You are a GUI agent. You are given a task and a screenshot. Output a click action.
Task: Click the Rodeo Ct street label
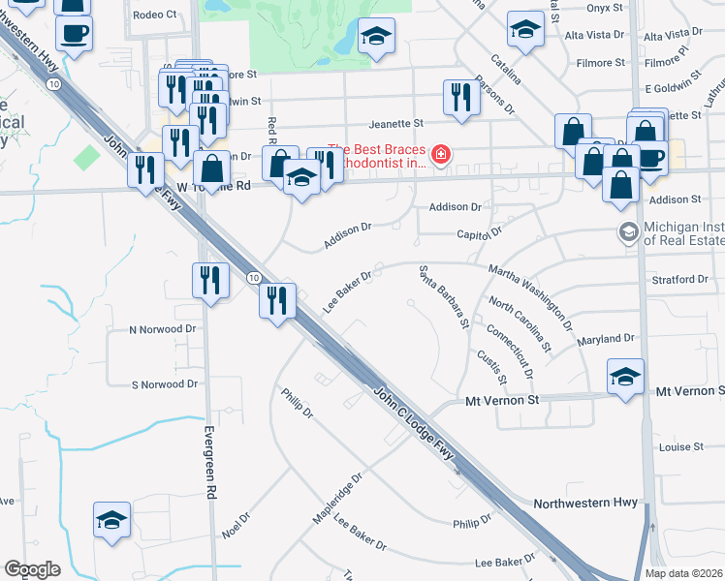pos(155,15)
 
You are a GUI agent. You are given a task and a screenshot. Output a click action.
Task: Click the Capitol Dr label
pos(480,233)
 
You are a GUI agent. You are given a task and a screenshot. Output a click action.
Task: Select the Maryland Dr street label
pos(605,339)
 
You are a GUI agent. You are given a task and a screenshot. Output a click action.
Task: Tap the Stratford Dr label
pos(680,280)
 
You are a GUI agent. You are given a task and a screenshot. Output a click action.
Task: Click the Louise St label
pos(680,447)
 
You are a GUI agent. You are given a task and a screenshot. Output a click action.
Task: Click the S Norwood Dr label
pos(165,384)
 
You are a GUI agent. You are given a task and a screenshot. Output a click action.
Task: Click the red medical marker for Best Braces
pos(441,155)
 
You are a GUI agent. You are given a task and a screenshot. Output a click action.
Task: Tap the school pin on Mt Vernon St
pos(626,376)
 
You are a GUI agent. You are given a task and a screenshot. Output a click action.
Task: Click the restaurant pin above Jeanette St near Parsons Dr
pos(459,96)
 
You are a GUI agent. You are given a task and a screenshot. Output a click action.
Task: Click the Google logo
pos(33,569)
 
